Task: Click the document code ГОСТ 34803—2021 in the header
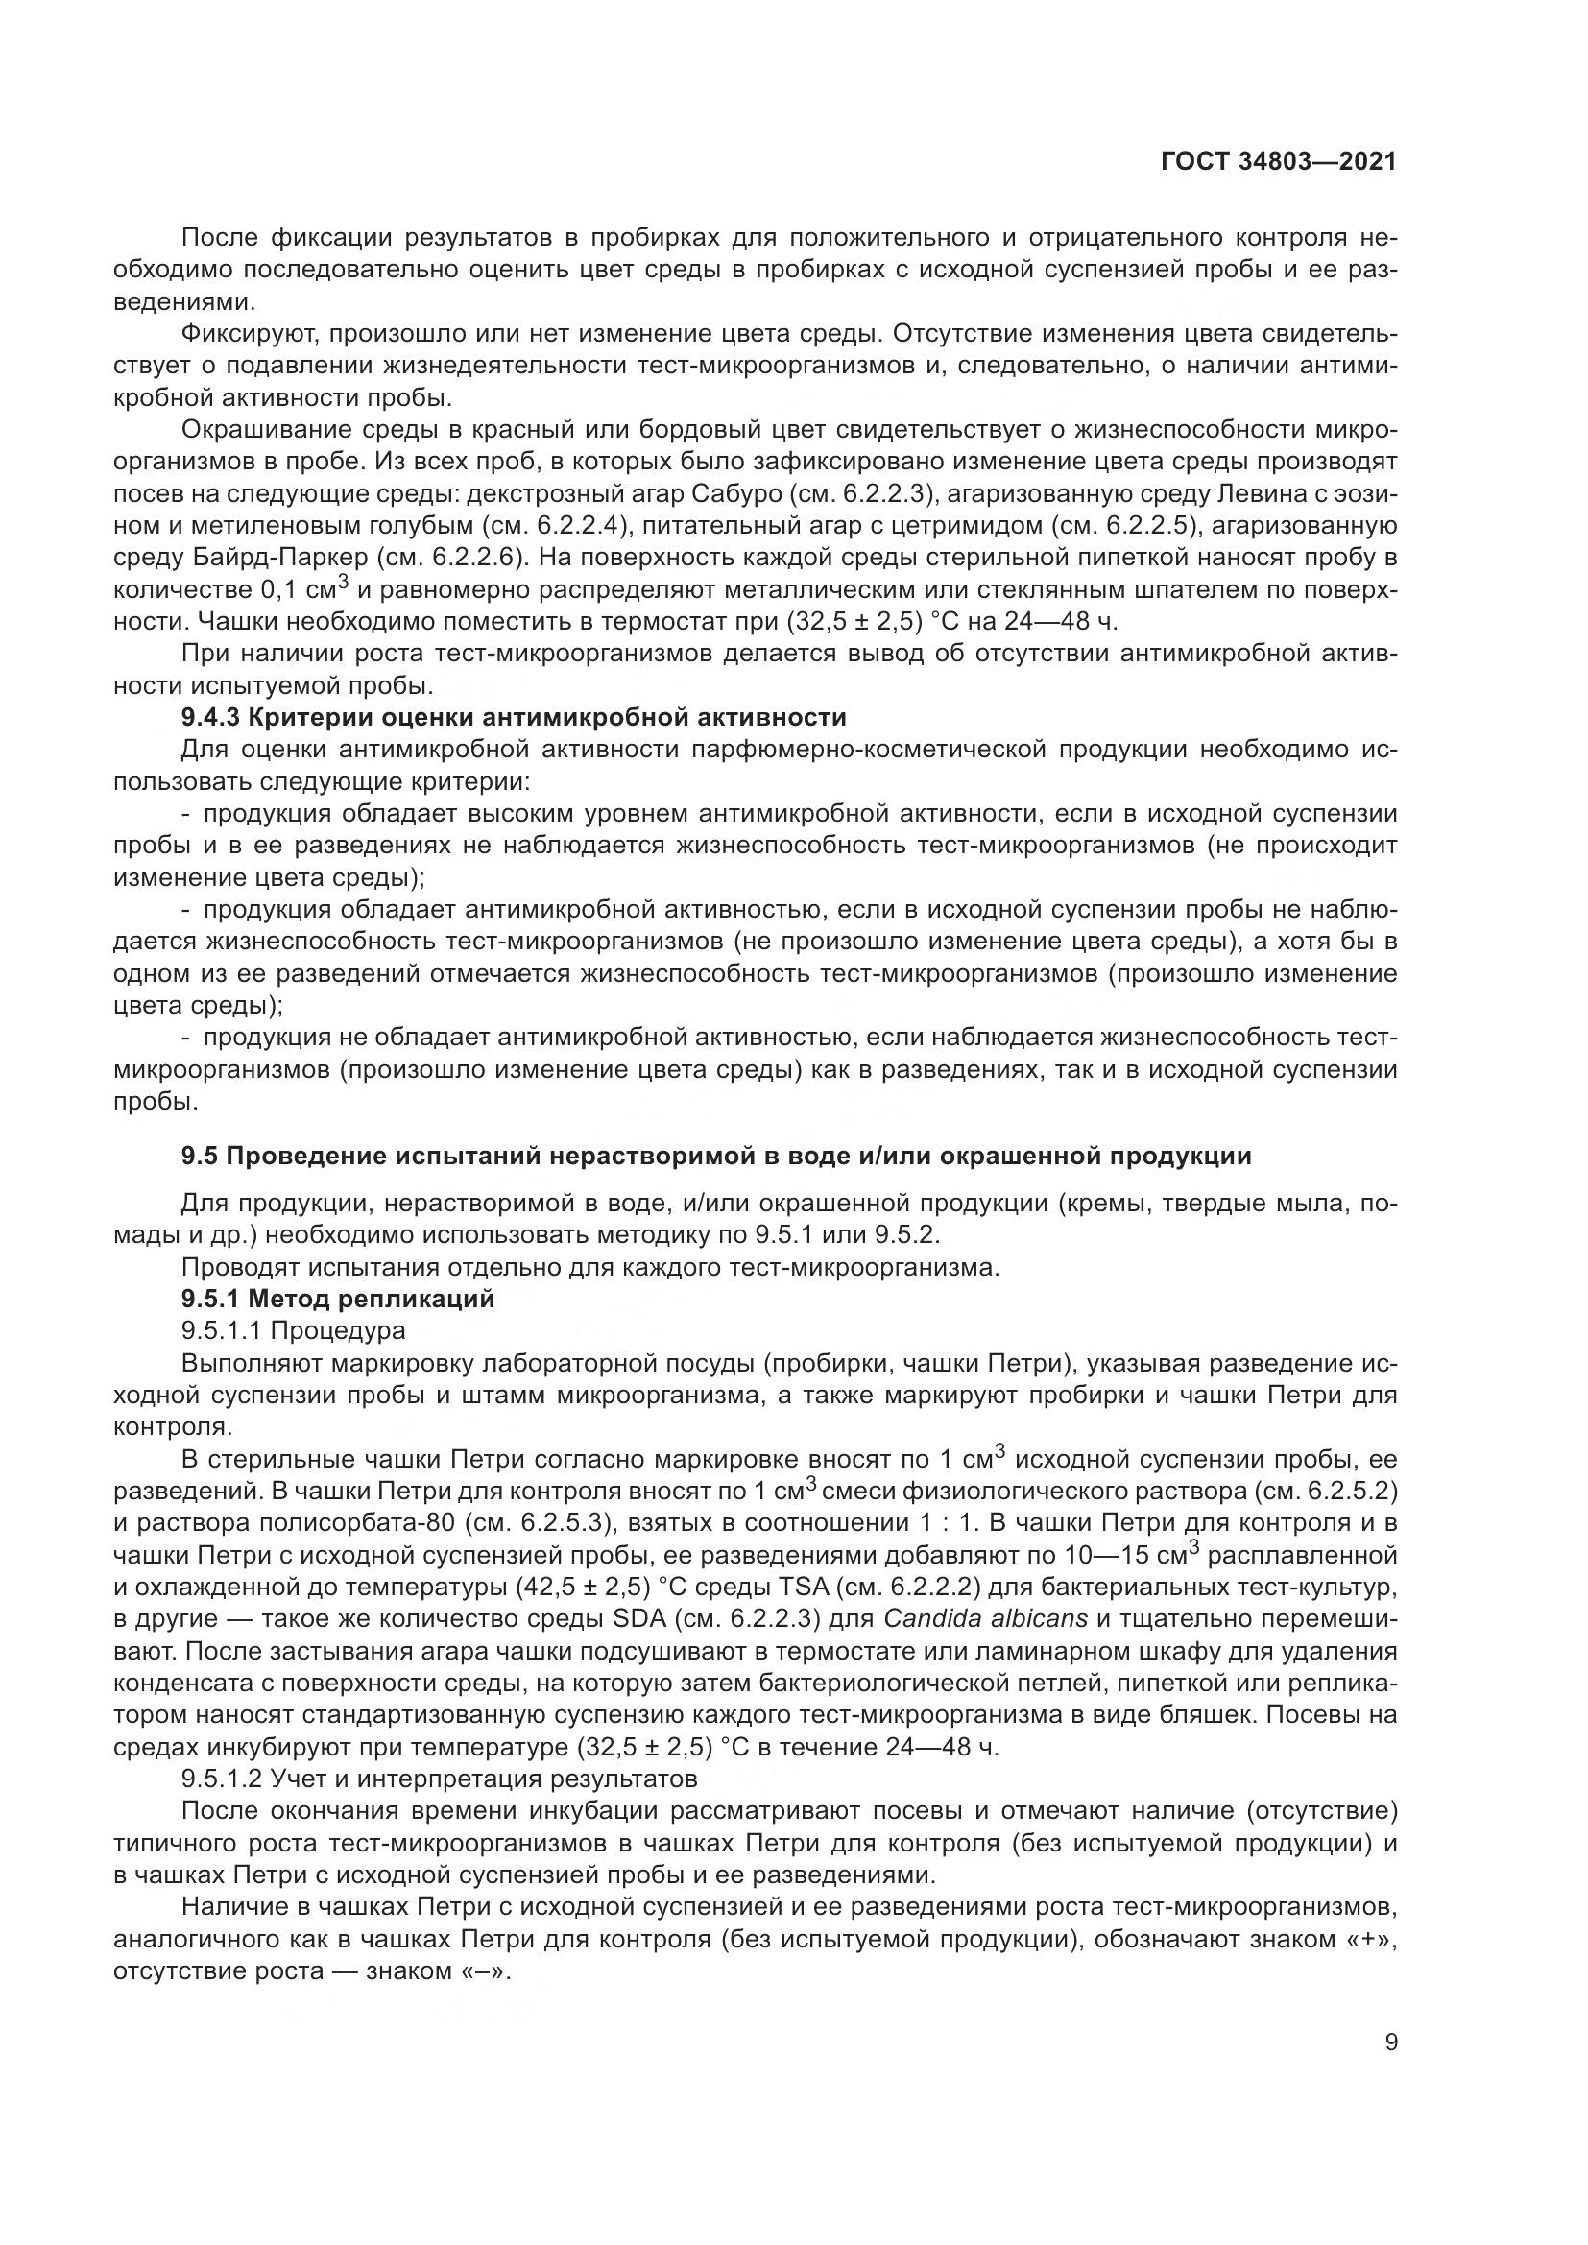click(1277, 161)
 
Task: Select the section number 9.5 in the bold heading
click(200, 1156)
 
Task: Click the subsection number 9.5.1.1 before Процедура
click(222, 1329)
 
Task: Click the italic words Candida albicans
click(986, 1617)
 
